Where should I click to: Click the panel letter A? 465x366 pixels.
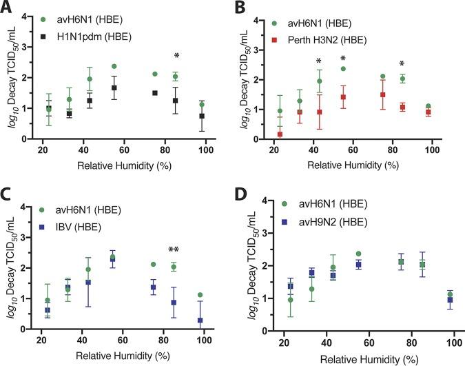coord(8,8)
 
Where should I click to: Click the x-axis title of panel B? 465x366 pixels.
coord(353,167)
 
